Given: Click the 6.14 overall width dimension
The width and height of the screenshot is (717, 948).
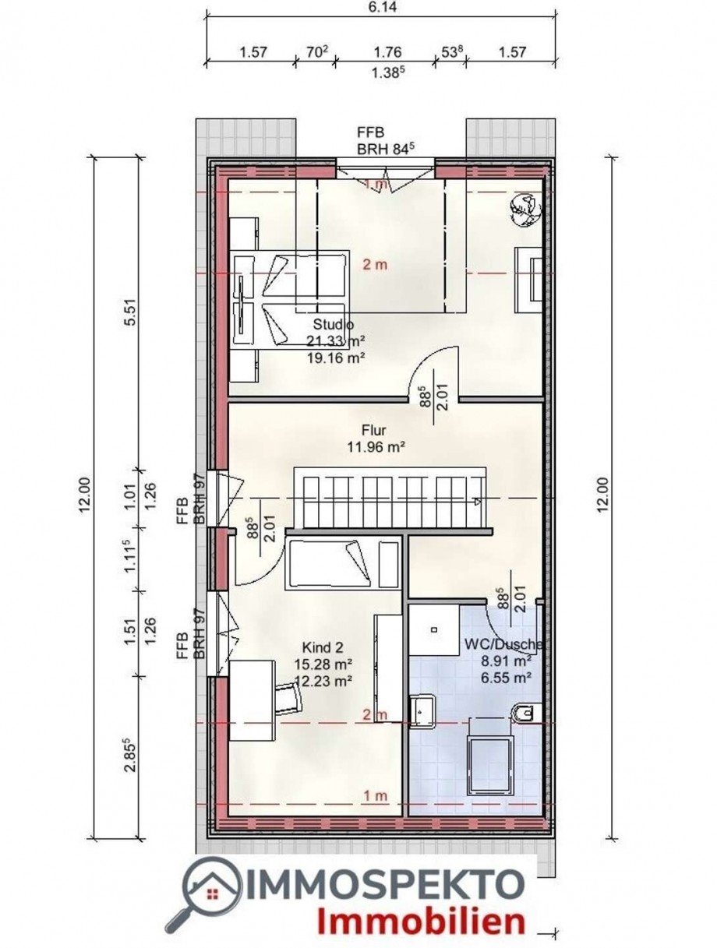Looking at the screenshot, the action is pos(381,7).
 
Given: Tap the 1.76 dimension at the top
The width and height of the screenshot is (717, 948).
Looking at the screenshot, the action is pos(387,52).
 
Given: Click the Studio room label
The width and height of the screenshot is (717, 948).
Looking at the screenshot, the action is pos(334,324).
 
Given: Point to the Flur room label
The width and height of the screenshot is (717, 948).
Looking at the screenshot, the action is pos(374,430).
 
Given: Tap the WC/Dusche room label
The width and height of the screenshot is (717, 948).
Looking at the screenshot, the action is pos(503,644).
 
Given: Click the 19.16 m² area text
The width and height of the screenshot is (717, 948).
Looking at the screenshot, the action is pos(336,358).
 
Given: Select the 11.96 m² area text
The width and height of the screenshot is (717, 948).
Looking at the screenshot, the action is pos(376,446).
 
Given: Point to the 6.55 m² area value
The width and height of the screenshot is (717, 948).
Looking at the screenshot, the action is pos(506,678).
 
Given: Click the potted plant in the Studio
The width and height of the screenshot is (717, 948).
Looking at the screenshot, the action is pos(525,210).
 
